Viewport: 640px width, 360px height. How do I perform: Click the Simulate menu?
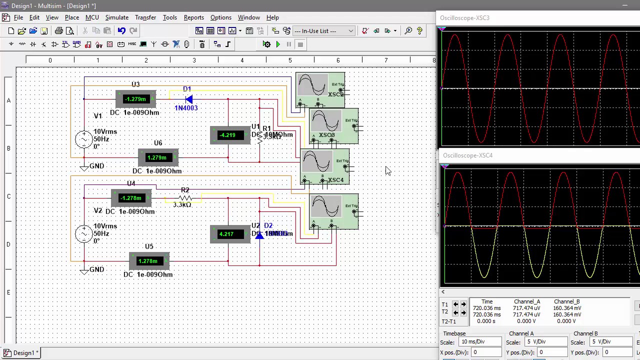point(116,17)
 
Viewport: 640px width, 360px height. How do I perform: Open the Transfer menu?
point(145,17)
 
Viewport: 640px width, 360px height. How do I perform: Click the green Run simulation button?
point(278,44)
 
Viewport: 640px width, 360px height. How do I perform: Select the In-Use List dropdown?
point(323,31)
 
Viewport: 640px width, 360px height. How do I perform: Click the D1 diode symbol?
point(188,99)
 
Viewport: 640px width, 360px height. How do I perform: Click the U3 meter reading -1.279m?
point(135,99)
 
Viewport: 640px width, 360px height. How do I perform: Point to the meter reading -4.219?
point(227,135)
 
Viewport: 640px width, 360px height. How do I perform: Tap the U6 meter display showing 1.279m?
point(157,157)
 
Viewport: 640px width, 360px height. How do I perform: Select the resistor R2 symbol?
point(185,198)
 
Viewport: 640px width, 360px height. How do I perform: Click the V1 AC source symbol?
point(83,139)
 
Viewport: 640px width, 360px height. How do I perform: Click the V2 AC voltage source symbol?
point(83,233)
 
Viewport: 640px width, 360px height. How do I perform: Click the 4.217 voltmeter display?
point(226,234)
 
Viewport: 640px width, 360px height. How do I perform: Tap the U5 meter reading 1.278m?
point(148,261)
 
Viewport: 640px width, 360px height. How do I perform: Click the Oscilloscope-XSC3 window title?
point(464,18)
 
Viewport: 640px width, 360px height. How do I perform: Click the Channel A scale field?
point(546,342)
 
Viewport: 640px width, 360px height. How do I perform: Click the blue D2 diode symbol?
point(259,234)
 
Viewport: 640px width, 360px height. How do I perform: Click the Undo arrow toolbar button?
point(121,31)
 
